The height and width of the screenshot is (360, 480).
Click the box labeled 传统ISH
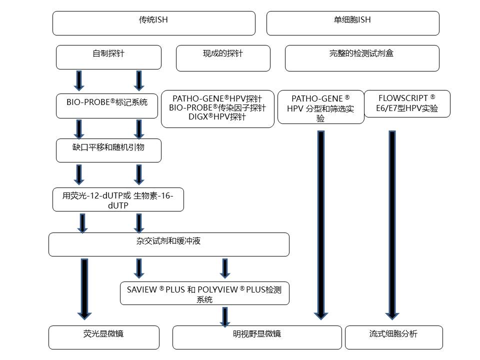153,23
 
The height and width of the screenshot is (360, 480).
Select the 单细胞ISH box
352,23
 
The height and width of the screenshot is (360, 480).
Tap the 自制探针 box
108,57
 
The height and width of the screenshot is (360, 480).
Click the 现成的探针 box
223,58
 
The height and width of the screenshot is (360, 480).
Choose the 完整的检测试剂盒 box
361,58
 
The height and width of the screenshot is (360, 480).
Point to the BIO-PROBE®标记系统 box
107,105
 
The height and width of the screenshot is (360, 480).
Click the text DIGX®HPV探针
217,117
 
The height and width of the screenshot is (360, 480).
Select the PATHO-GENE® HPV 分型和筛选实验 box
320,107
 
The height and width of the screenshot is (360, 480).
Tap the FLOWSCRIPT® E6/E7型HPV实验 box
407,103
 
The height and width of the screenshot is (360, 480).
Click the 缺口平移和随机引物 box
108,150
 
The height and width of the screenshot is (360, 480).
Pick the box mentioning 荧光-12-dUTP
118,199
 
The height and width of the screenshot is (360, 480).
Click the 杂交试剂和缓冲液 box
168,244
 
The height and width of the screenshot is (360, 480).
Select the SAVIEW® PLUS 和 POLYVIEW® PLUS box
204,293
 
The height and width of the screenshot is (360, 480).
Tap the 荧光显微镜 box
104,337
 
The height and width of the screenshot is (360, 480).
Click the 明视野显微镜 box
257,337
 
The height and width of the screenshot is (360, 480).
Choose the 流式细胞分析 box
393,337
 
